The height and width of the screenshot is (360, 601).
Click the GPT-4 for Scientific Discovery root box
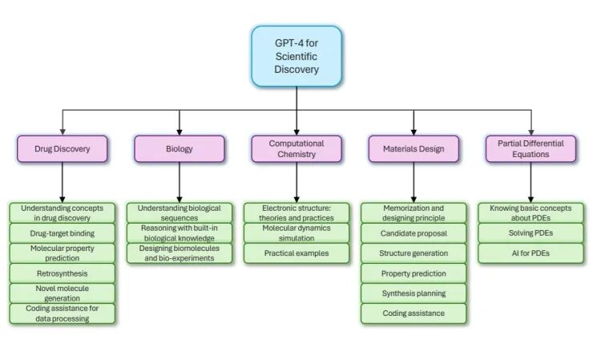click(296, 56)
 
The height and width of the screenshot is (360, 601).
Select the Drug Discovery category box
click(62, 149)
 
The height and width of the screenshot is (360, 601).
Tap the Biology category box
click(179, 149)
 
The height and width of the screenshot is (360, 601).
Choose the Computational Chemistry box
click(296, 149)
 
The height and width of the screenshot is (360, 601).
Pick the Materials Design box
click(413, 149)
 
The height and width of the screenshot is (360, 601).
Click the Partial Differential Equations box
click(530, 149)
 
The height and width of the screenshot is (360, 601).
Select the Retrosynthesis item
click(62, 273)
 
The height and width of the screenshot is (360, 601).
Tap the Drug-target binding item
click(62, 233)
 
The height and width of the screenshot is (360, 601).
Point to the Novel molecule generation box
click(62, 293)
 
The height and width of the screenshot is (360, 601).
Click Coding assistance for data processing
click(62, 313)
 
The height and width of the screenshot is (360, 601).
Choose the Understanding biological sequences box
click(179, 212)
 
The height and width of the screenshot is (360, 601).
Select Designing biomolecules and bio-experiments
click(179, 253)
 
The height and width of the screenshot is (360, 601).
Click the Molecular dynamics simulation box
click(296, 233)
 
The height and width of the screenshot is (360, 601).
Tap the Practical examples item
click(296, 253)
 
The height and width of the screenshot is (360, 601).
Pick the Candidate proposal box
click(413, 233)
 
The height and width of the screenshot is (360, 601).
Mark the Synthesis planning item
click(413, 293)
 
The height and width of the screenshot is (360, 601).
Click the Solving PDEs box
click(530, 233)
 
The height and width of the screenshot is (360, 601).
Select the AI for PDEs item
click(530, 253)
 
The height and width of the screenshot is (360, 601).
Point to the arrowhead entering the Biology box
click(179, 132)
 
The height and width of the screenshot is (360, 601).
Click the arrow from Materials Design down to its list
click(413, 183)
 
